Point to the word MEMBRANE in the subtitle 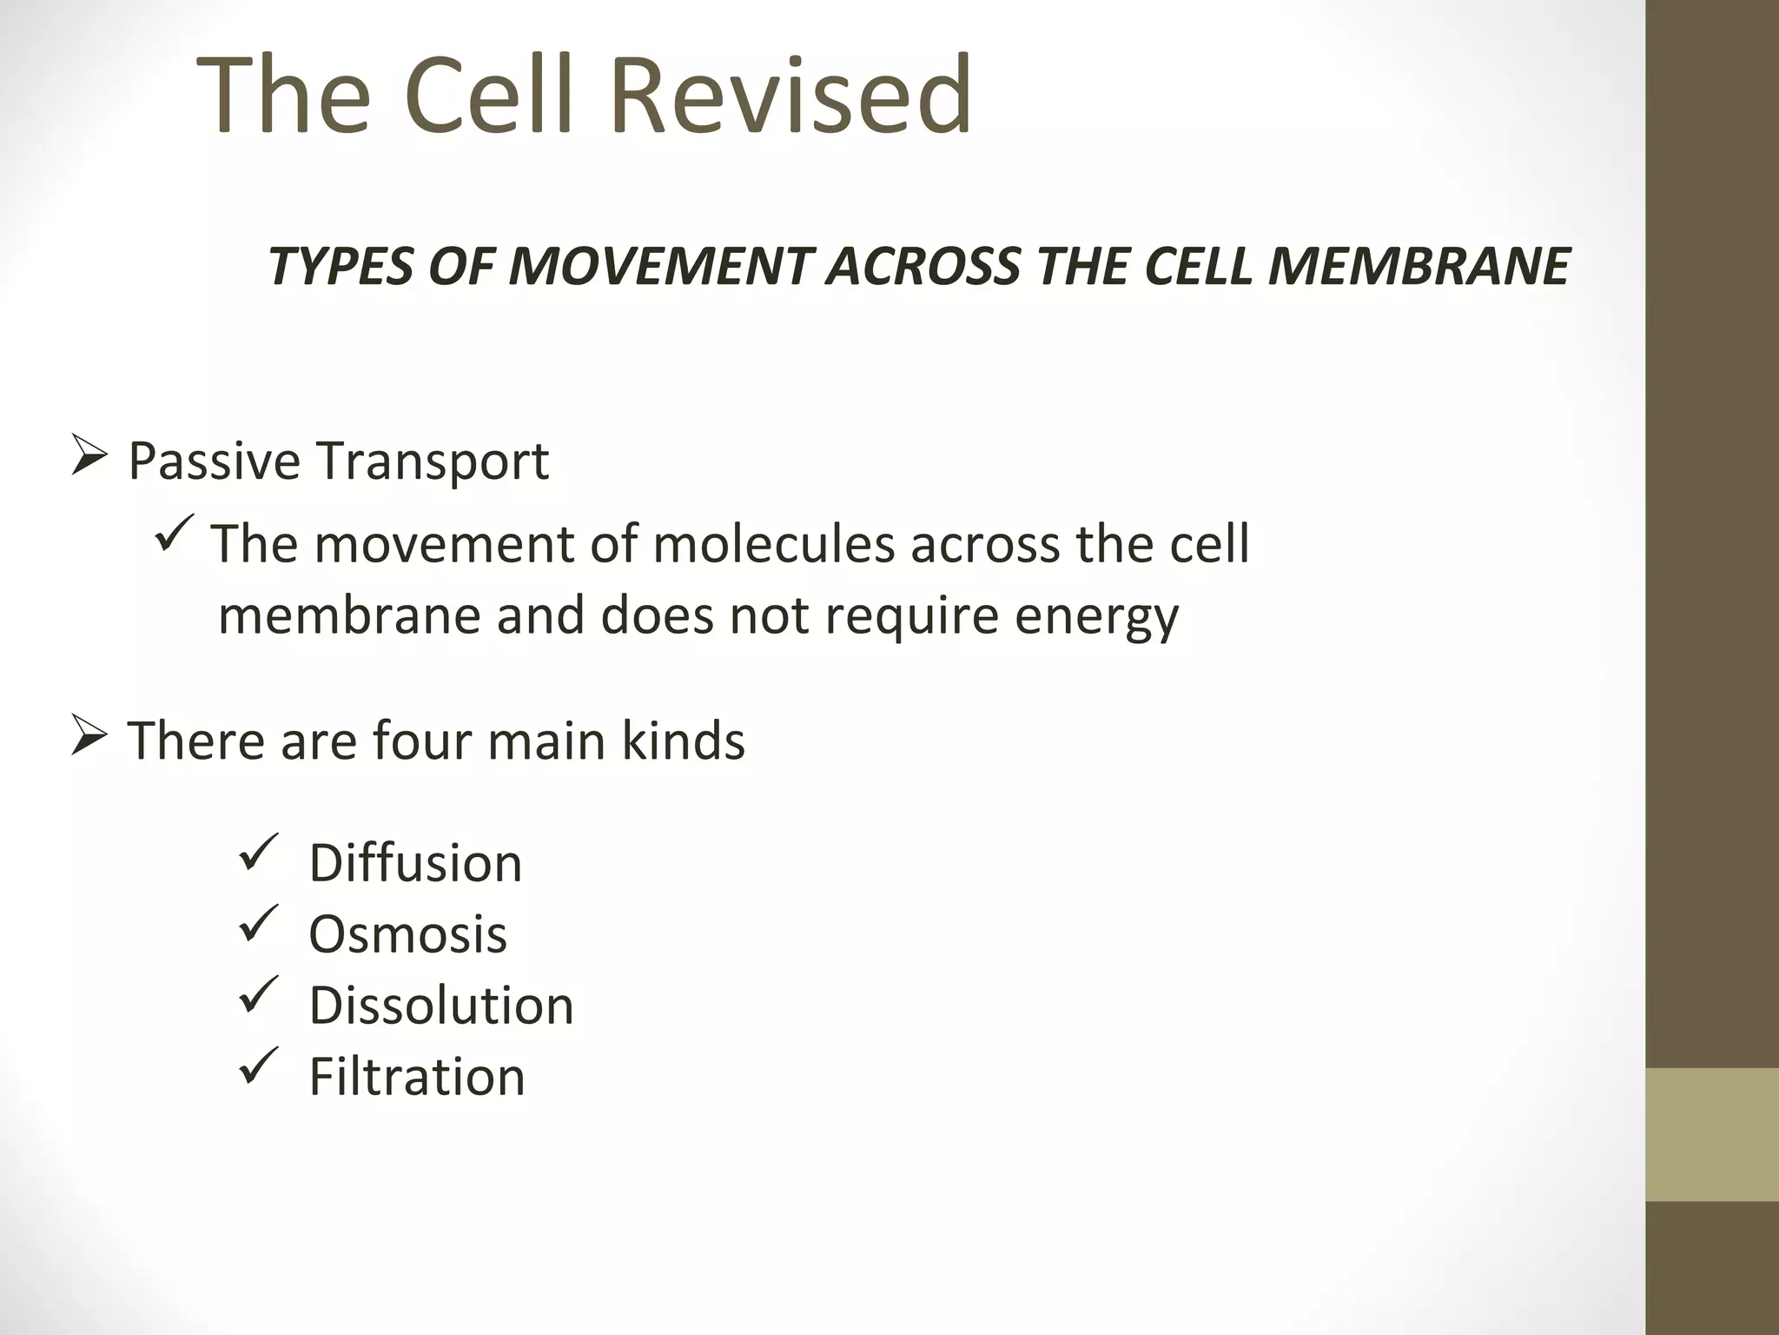click(1418, 266)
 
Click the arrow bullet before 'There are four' click(89, 737)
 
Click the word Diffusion click(415, 863)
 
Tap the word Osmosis click(407, 934)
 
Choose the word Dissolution click(441, 1006)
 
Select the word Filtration click(417, 1077)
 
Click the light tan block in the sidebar click(1712, 1134)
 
